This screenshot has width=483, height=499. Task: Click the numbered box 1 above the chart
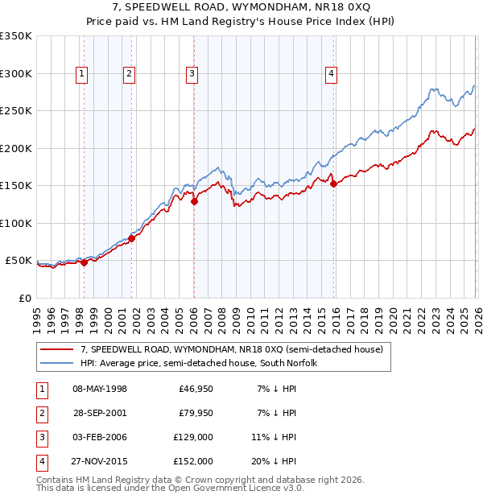(82, 74)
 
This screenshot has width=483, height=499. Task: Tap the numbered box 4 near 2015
(331, 74)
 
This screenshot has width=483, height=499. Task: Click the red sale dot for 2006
(194, 202)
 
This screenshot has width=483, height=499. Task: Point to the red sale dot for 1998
(84, 263)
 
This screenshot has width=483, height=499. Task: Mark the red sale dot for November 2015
(333, 184)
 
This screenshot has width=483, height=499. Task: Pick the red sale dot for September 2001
(132, 238)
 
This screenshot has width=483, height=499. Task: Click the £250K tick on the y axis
(16, 111)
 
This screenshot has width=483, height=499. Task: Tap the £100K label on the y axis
(16, 223)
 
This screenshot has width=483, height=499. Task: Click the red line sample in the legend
(57, 349)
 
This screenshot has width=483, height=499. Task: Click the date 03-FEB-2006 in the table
(100, 437)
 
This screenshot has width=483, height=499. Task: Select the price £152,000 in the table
(194, 461)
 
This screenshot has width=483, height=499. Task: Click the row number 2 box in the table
(41, 413)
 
